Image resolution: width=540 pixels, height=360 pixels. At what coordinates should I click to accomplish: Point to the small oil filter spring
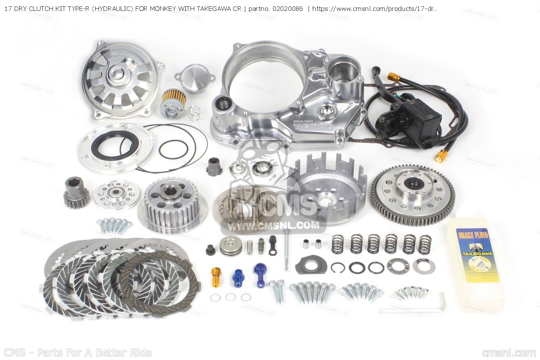[x=194, y=113]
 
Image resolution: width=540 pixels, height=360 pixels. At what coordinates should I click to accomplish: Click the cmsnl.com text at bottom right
[x=509, y=353]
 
